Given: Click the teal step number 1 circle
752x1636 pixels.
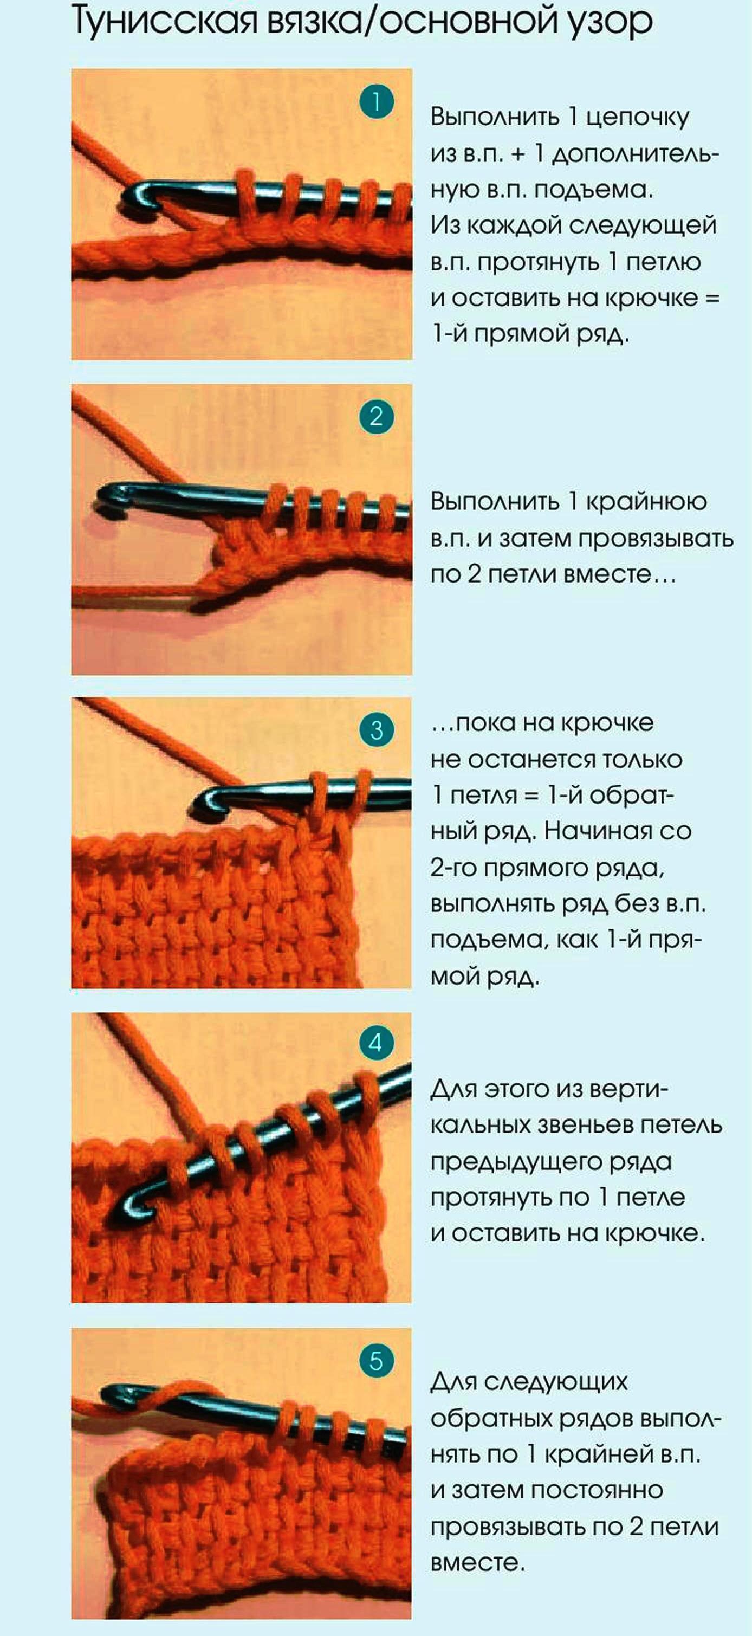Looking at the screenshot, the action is [376, 102].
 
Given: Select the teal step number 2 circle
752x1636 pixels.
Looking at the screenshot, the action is [376, 417].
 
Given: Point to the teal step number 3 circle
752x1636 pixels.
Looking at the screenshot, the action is [376, 730].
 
